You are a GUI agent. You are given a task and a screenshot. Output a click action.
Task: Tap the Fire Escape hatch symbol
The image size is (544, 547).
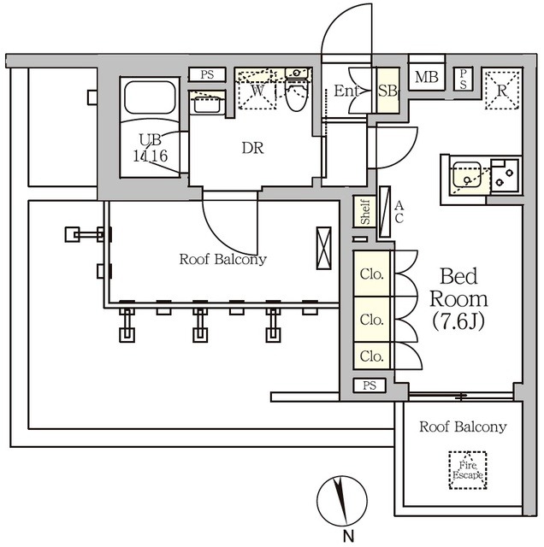[467, 469]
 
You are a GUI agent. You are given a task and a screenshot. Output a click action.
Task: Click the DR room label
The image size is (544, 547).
[251, 148]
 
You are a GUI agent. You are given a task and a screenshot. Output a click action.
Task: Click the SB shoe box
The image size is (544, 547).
[387, 89]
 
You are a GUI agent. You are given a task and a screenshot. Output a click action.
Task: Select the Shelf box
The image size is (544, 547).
[364, 212]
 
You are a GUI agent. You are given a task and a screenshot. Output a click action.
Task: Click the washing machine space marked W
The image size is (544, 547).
[257, 91]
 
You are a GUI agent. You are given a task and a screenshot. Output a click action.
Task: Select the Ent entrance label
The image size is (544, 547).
[346, 90]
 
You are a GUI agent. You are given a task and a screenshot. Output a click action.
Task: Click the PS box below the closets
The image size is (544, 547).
[370, 386]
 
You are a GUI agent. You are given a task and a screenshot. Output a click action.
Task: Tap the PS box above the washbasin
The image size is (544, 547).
[207, 75]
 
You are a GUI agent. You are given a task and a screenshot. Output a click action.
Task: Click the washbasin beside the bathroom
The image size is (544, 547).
[207, 103]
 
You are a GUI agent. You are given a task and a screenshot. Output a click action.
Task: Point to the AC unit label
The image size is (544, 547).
[399, 211]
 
